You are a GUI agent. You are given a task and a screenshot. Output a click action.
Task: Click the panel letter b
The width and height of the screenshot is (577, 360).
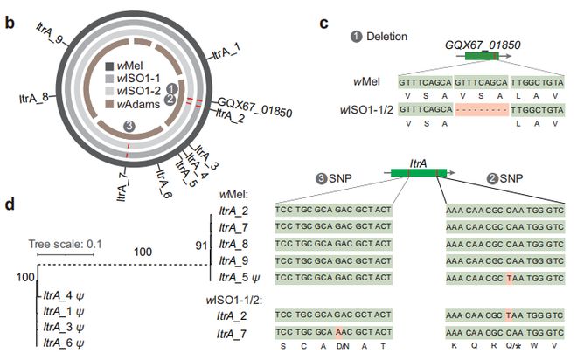10,23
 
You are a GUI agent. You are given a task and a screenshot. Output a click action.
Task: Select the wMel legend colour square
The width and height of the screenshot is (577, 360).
110,66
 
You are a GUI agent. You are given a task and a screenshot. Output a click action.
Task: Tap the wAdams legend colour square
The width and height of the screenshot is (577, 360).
110,104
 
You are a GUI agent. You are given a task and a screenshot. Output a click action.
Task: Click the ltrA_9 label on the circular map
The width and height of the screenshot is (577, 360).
51,33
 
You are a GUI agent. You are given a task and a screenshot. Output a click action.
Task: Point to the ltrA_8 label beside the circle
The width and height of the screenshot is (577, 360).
34,99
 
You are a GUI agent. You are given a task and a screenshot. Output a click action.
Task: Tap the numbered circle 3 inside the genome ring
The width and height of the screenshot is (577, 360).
129,127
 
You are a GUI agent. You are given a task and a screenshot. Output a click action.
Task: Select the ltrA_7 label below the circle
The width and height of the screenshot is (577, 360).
123,186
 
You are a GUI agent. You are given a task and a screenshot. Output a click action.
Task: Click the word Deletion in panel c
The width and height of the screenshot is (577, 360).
386,37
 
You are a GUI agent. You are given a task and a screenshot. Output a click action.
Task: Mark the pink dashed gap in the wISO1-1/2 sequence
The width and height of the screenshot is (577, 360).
482,110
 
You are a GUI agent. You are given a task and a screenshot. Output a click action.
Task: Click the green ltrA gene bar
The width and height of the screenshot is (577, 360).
419,173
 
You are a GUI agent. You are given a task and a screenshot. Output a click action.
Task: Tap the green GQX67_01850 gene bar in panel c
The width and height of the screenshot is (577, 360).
482,56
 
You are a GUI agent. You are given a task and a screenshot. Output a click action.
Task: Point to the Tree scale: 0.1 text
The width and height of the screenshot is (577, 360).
66,244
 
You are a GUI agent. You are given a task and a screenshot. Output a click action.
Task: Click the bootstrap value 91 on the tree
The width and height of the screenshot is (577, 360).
201,246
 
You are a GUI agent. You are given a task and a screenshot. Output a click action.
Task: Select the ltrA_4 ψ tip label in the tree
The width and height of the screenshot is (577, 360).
64,295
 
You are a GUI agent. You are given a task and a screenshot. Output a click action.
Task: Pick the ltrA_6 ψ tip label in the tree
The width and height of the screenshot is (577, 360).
64,343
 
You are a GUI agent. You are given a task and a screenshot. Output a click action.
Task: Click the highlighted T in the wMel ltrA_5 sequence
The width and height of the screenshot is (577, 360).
510,278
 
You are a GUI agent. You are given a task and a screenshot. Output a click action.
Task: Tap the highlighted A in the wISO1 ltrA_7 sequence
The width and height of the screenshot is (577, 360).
339,332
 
